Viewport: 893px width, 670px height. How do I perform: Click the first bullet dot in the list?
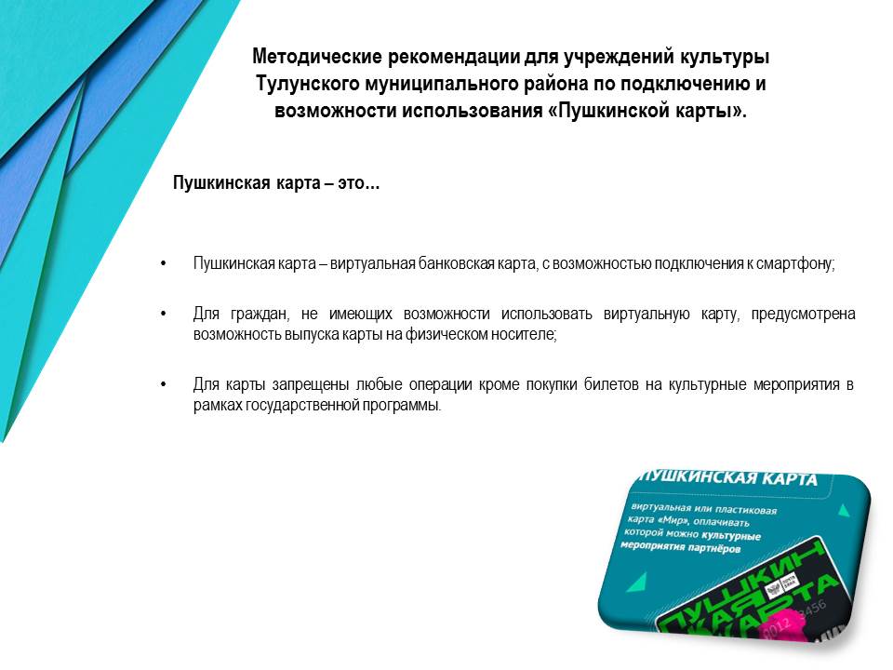tap(164, 264)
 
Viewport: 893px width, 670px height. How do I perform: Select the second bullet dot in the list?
tap(164, 315)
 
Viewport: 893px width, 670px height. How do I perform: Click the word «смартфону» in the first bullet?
tap(797, 264)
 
